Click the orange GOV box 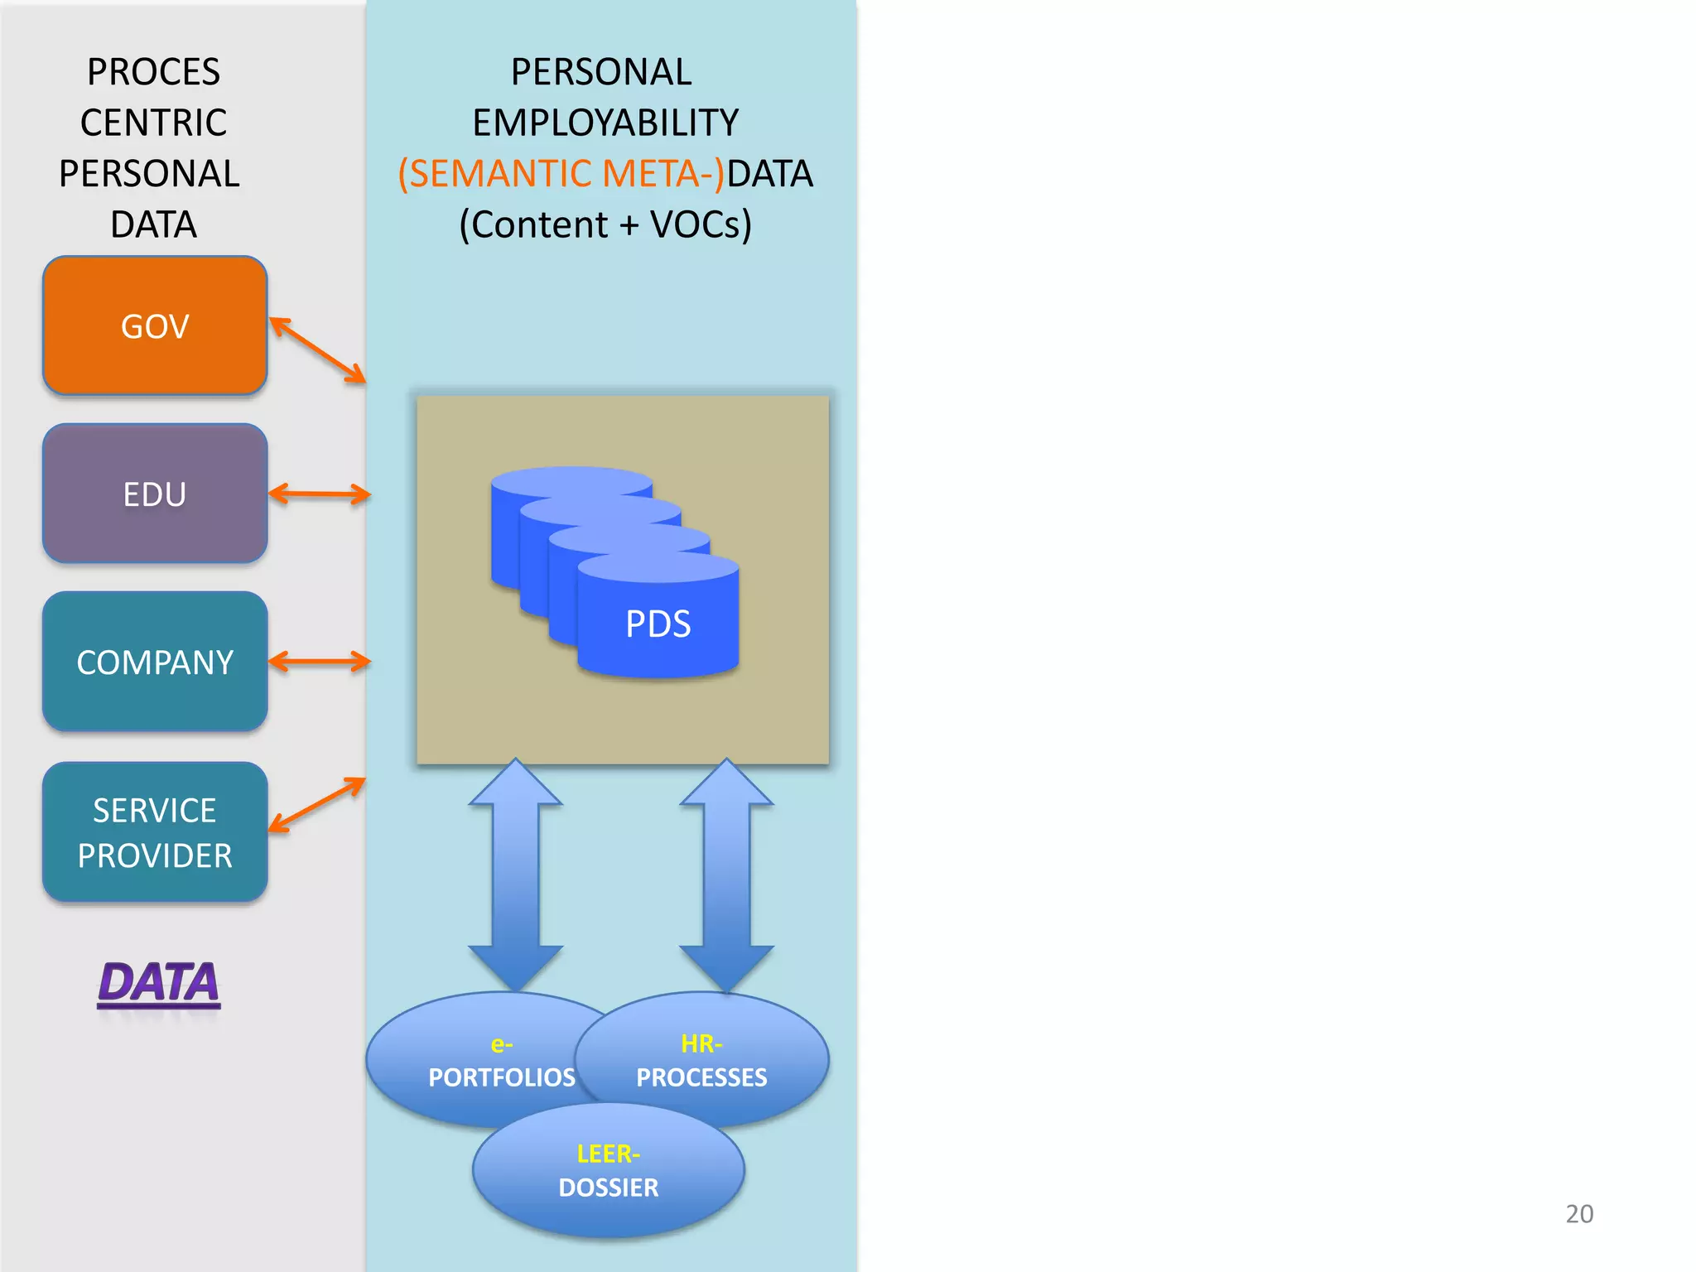[155, 325]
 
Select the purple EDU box [155, 494]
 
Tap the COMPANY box [155, 662]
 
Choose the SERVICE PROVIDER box [155, 832]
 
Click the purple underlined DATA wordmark [159, 984]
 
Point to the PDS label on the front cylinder [658, 624]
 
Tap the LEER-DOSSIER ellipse [609, 1170]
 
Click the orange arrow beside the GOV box [317, 350]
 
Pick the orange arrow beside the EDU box [320, 494]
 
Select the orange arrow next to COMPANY [320, 662]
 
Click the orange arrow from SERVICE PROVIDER [317, 805]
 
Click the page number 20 [1579, 1214]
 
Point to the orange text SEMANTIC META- [561, 174]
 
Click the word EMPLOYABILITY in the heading [605, 123]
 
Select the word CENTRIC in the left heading [154, 123]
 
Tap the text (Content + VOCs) [605, 224]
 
